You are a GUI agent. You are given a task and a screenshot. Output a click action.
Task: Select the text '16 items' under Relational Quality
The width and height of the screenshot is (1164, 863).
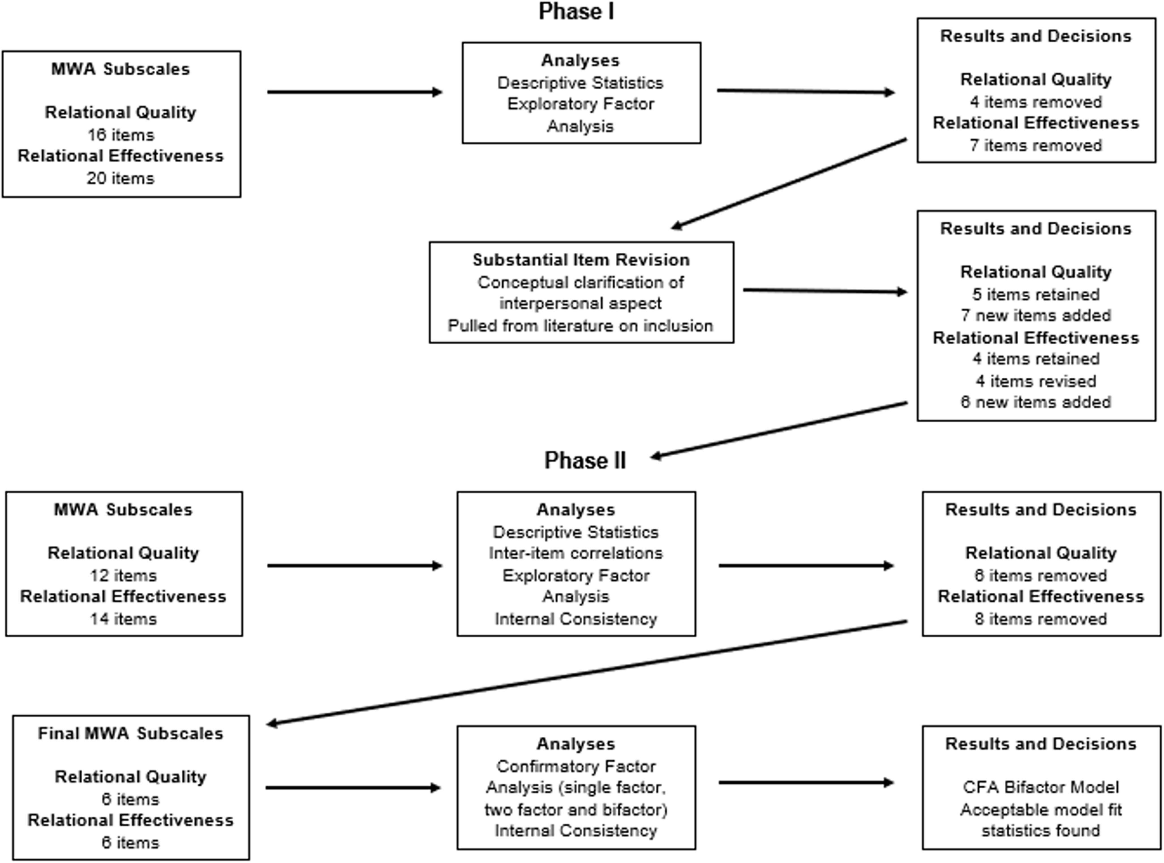121,135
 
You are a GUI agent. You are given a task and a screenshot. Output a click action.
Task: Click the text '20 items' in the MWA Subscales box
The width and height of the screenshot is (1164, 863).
121,178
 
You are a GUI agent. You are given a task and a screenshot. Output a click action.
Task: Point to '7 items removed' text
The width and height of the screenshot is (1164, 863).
1036,145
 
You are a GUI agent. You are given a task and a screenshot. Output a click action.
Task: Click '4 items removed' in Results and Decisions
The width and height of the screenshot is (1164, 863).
1036,102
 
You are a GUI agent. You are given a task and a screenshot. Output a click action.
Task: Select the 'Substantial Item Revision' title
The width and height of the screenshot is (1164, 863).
581,259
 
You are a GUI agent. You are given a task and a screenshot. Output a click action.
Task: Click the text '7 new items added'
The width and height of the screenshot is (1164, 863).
1036,315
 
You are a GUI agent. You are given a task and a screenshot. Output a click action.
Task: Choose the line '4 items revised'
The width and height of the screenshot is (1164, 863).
1036,381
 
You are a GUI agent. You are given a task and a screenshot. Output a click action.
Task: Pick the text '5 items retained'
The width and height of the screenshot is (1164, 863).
1036,294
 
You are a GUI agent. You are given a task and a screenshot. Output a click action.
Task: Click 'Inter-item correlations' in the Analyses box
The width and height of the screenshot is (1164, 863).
576,553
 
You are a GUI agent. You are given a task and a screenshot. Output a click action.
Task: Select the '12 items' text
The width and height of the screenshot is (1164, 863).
123,575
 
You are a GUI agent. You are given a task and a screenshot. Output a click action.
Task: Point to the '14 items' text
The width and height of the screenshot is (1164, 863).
123,618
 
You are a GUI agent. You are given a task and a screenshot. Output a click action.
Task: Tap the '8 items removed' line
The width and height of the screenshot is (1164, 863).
1041,618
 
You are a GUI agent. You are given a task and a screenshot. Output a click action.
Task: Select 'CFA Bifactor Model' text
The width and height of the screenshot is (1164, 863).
1041,787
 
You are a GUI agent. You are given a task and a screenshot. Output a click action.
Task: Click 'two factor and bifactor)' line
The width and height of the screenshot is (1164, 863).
576,809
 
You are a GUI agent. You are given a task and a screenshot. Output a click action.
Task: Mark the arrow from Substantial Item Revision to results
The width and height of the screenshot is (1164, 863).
825,291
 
